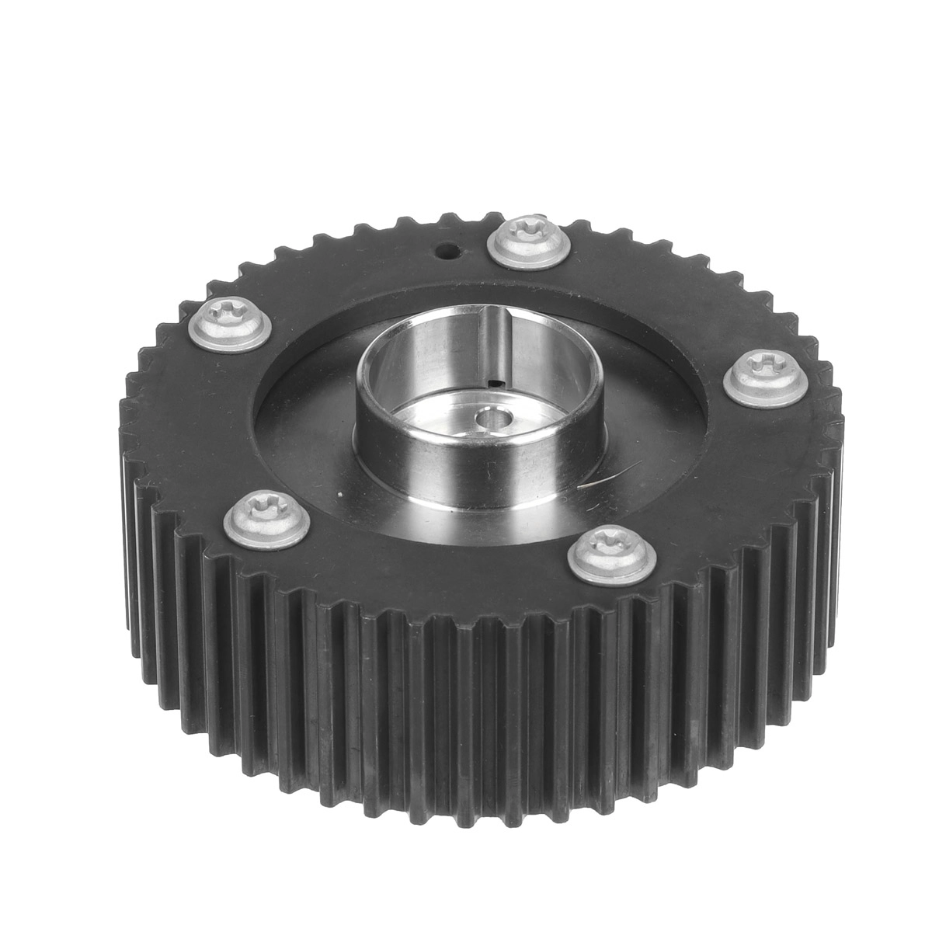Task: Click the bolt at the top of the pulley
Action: coord(531,242)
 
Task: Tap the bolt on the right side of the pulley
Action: coord(764,376)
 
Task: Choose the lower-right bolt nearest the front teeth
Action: coord(611,553)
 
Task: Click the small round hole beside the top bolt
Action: coord(447,252)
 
